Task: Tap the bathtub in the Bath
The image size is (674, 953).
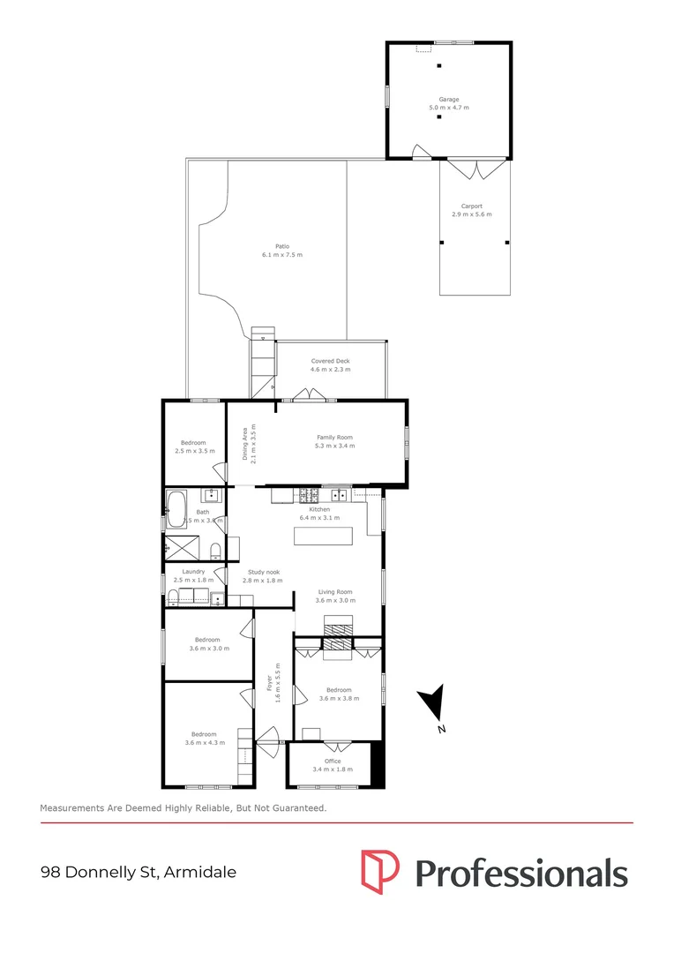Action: [x=176, y=509]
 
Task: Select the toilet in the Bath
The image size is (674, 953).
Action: [x=215, y=552]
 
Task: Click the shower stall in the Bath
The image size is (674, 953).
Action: [x=182, y=547]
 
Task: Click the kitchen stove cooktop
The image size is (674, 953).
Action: [x=309, y=495]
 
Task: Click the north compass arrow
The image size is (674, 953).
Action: [x=432, y=703]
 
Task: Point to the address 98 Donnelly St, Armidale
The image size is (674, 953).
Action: [x=139, y=873]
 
